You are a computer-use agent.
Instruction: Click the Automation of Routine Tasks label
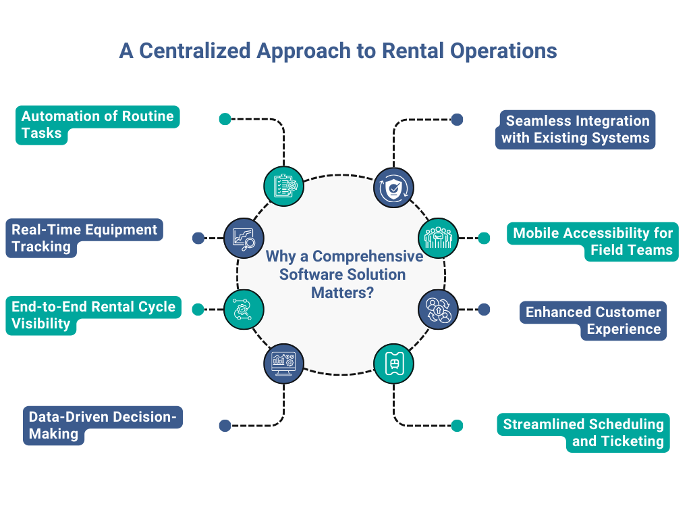tap(97, 124)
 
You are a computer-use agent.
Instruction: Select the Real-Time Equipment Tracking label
tap(84, 238)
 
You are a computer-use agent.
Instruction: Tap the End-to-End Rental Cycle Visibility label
tap(93, 315)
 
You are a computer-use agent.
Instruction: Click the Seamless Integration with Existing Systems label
tap(576, 130)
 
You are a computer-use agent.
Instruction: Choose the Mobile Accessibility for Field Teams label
tap(592, 242)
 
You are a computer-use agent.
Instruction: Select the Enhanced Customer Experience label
tap(592, 320)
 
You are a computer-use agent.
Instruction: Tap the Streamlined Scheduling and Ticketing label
tap(583, 432)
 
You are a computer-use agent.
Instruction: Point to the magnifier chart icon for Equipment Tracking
tap(244, 238)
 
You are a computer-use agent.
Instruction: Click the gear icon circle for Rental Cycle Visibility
tap(244, 310)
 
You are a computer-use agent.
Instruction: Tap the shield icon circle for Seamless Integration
tap(393, 187)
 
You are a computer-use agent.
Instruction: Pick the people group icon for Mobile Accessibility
tap(439, 238)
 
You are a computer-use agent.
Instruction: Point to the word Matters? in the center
tap(343, 293)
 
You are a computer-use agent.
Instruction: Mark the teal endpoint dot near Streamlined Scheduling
tap(457, 426)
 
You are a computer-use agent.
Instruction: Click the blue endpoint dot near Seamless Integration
tap(457, 120)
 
